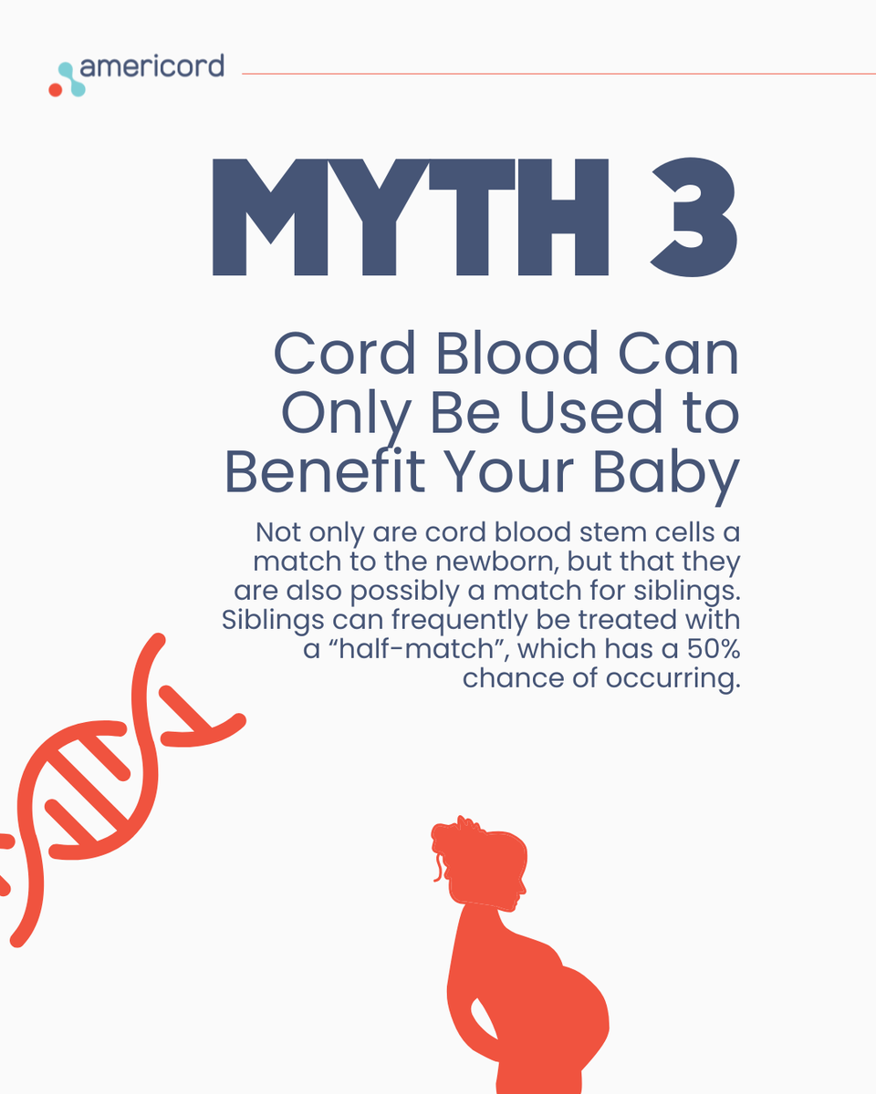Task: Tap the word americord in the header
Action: click(151, 67)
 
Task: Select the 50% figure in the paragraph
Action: click(712, 650)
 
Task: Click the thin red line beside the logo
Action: click(557, 73)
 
